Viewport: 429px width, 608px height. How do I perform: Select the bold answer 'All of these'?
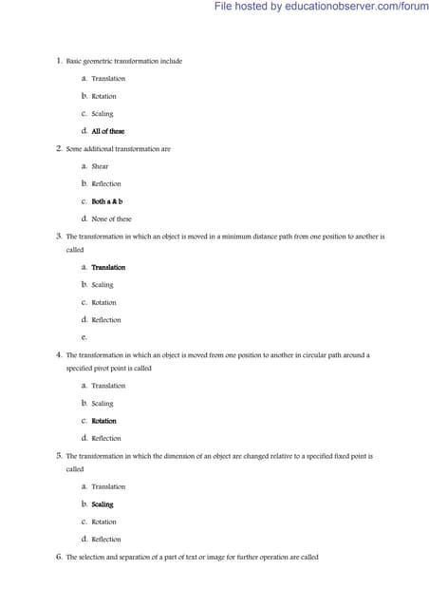[x=107, y=131]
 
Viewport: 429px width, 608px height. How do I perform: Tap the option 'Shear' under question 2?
[x=100, y=166]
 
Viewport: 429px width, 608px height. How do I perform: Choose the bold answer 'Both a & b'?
[x=107, y=201]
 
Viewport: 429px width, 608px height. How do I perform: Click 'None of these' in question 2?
[x=111, y=218]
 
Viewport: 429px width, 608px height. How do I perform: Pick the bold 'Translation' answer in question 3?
[x=108, y=267]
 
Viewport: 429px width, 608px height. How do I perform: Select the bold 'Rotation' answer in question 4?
[x=103, y=421]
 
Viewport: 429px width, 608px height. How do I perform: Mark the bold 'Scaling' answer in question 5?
[x=102, y=504]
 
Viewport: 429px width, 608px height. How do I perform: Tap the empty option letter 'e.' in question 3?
[x=84, y=337]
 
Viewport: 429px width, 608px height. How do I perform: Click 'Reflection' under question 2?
[x=106, y=183]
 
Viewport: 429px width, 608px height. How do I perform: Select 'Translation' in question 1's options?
[x=108, y=78]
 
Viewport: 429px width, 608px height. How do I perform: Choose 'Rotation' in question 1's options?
[x=103, y=96]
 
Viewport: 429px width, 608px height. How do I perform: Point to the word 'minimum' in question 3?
[x=219, y=236]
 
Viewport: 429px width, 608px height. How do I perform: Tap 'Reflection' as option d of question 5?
[x=106, y=540]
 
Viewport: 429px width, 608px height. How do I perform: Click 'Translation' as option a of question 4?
[x=108, y=386]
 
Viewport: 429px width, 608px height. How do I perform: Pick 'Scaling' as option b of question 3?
[x=102, y=284]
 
